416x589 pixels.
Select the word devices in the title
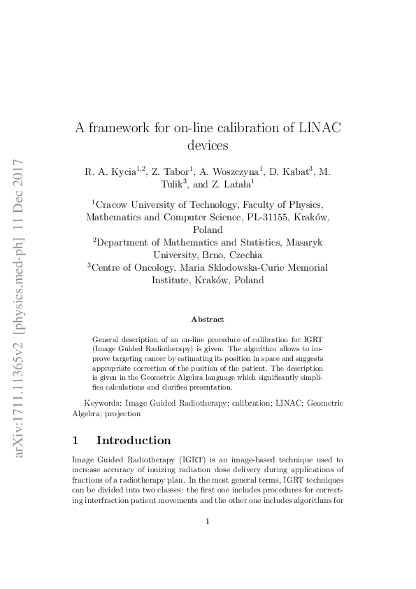pos(208,146)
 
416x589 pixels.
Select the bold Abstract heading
pos(208,319)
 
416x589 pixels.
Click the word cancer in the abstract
pos(155,356)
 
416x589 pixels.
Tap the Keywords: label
pos(106,403)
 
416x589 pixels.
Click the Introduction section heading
pos(133,441)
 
